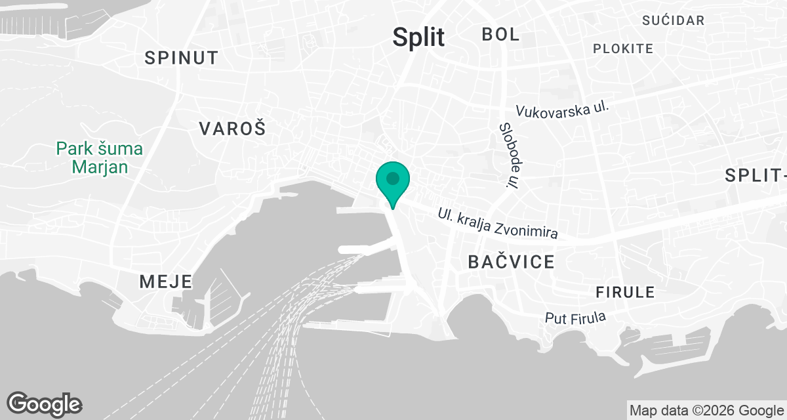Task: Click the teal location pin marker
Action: click(393, 184)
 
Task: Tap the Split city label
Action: click(418, 37)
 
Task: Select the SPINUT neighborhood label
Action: click(181, 58)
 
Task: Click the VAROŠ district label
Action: click(232, 129)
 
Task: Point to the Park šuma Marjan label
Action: click(100, 157)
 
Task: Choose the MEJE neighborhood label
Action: click(166, 282)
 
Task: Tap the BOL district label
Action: click(500, 34)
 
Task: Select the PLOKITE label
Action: click(623, 49)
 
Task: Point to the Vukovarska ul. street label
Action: click(563, 109)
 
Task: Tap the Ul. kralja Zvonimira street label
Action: click(498, 224)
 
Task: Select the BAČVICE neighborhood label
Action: click(511, 262)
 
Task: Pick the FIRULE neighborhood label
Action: click(625, 292)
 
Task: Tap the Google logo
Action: click(44, 404)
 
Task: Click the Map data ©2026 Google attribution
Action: click(706, 411)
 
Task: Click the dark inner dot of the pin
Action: click(393, 178)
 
